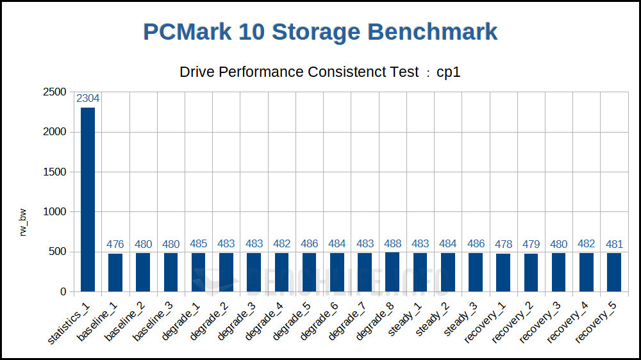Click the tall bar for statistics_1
(88, 199)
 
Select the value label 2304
(88, 99)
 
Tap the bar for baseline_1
(115, 273)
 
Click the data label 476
(115, 244)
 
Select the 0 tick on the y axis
(63, 292)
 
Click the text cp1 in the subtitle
(449, 72)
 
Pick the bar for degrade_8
(392, 272)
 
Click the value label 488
(392, 244)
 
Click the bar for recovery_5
(613, 272)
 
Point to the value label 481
(613, 244)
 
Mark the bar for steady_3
(475, 272)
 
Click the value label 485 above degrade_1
(199, 244)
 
